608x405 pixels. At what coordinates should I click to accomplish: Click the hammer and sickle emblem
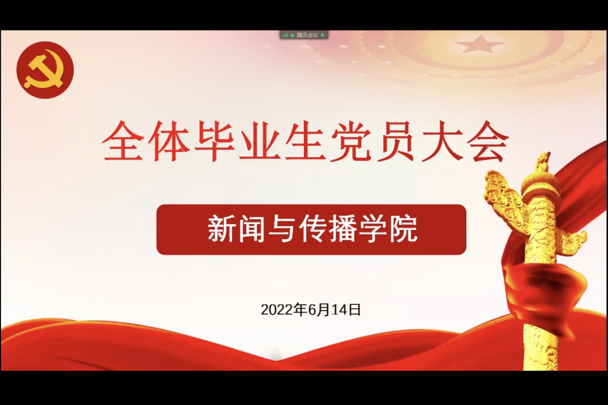[x=45, y=70]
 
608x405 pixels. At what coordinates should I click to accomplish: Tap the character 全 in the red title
[x=123, y=141]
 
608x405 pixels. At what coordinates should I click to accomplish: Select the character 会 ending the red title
[x=487, y=141]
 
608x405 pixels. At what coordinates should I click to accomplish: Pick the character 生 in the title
[x=305, y=141]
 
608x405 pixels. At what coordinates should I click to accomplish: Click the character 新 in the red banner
[x=221, y=229]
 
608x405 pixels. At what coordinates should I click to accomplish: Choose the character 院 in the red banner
[x=403, y=229]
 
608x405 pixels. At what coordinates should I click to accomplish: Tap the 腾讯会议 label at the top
[x=308, y=35]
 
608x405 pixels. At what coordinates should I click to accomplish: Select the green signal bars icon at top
[x=285, y=35]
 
